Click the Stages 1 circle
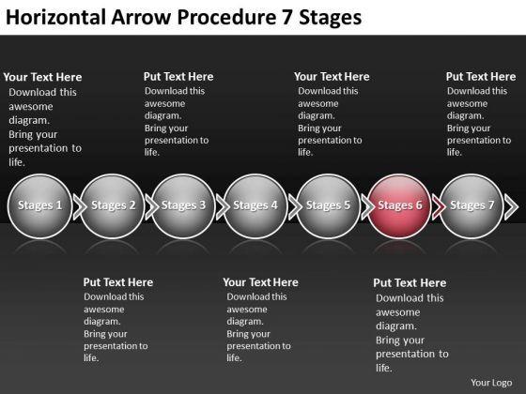coord(39,206)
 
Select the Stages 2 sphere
coord(112,206)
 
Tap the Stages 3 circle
coord(183,206)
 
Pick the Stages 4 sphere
coord(255,206)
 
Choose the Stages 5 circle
coord(328,206)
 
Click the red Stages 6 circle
coord(399,206)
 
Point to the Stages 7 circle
coord(472,206)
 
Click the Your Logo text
coord(491,383)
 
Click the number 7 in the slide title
coord(286,18)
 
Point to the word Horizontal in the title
coord(56,17)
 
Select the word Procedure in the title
coord(226,17)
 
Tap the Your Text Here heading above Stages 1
coord(42,77)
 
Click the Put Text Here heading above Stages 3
coord(178,77)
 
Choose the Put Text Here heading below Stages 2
coord(118,282)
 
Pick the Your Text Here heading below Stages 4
coord(261,282)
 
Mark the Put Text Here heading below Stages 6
coord(410,283)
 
